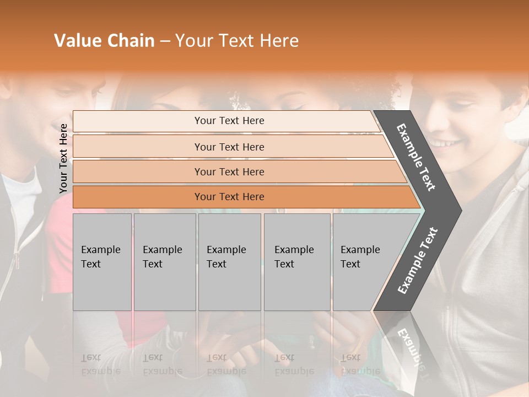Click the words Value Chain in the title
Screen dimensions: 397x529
[104, 41]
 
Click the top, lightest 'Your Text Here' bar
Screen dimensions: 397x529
[229, 121]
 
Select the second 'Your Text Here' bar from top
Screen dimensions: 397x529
[229, 147]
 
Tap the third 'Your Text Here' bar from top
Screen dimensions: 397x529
[229, 171]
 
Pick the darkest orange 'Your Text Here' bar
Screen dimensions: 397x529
[229, 197]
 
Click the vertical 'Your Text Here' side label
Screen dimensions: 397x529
[64, 158]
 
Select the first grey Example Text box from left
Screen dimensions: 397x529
[102, 262]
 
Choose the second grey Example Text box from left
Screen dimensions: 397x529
[164, 262]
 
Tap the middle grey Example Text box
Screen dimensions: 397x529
[229, 262]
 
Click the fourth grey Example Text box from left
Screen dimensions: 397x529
[296, 262]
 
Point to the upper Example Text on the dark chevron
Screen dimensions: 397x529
[417, 158]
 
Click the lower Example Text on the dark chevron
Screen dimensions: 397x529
[418, 261]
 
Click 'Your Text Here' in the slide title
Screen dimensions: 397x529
[237, 41]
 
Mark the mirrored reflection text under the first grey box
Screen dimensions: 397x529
[101, 364]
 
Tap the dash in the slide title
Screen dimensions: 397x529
[165, 41]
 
